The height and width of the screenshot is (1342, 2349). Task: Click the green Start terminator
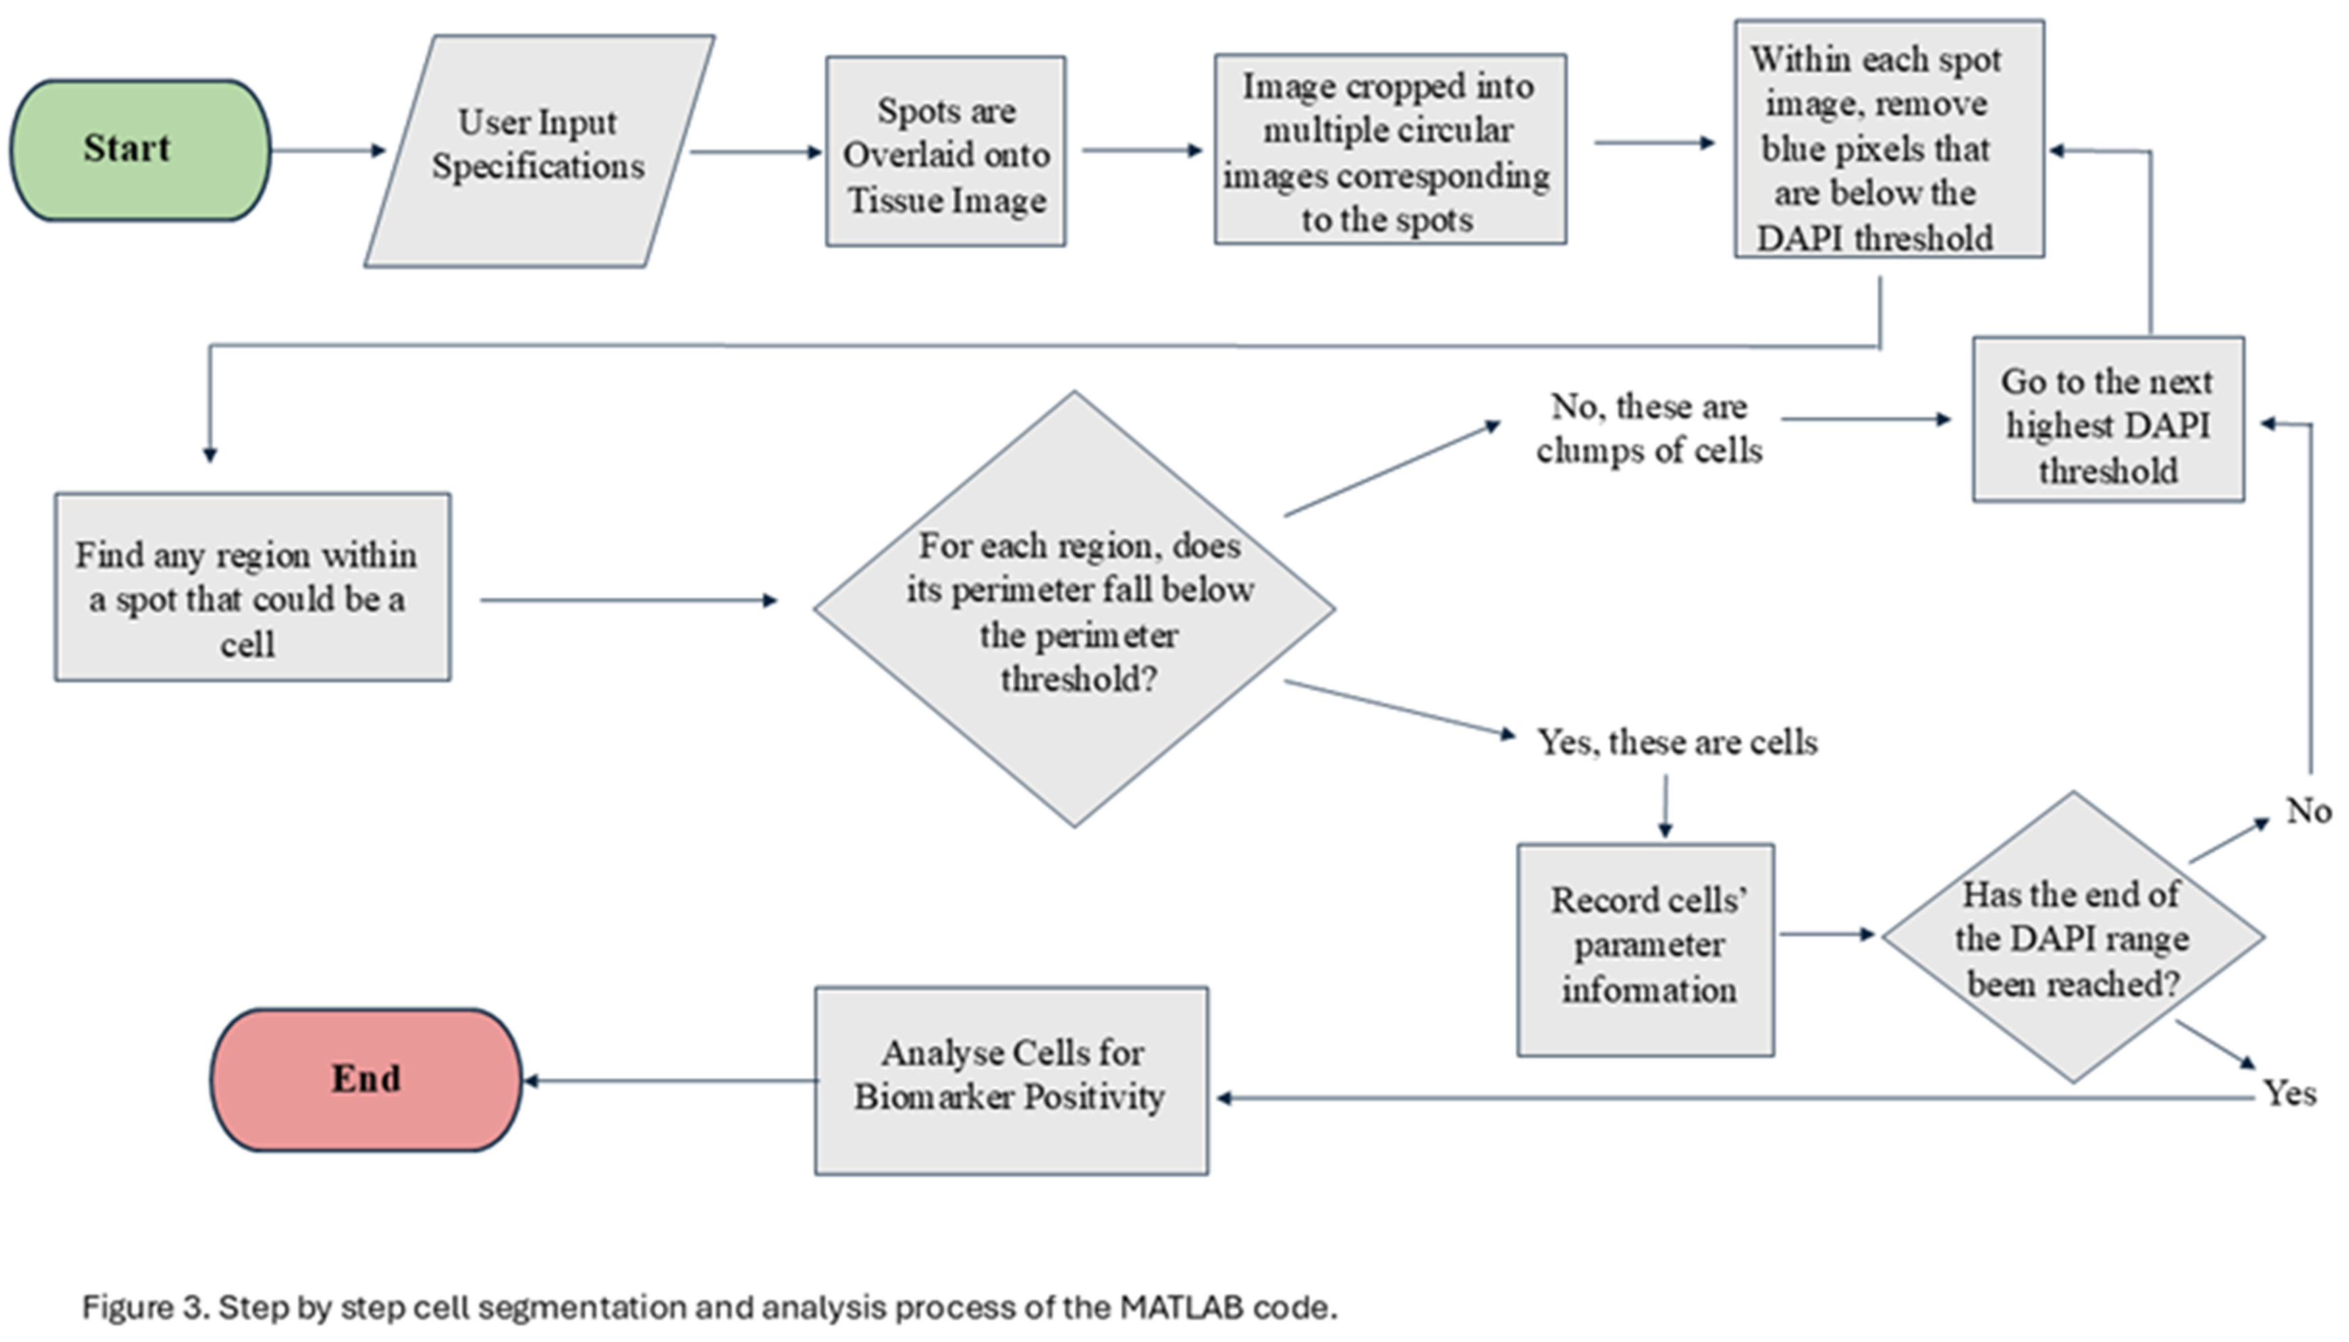click(140, 149)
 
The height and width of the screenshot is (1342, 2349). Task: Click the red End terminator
click(366, 1079)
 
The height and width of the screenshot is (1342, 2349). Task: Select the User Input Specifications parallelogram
click(539, 151)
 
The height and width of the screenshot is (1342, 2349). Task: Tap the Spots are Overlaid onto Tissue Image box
click(946, 152)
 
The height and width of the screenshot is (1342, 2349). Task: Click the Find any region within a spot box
click(252, 588)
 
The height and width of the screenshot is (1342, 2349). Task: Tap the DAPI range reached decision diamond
click(2072, 938)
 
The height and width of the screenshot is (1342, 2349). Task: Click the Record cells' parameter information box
click(1646, 949)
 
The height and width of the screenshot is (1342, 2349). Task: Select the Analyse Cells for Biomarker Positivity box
click(1011, 1080)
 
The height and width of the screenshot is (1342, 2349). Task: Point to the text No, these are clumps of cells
click(1648, 428)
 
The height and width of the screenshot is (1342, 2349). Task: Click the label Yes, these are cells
click(1676, 742)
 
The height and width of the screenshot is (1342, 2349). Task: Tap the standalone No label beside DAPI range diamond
click(2308, 811)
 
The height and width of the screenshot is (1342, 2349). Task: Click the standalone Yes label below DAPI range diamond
click(2289, 1094)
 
